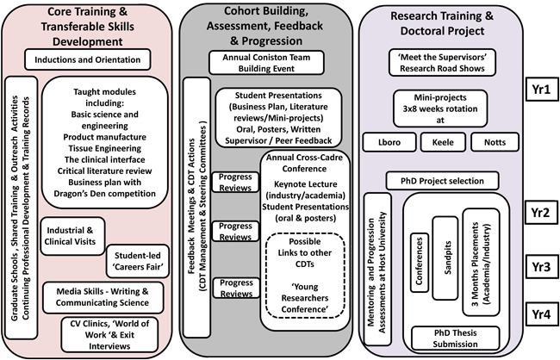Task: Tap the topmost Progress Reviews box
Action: (x=234, y=182)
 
